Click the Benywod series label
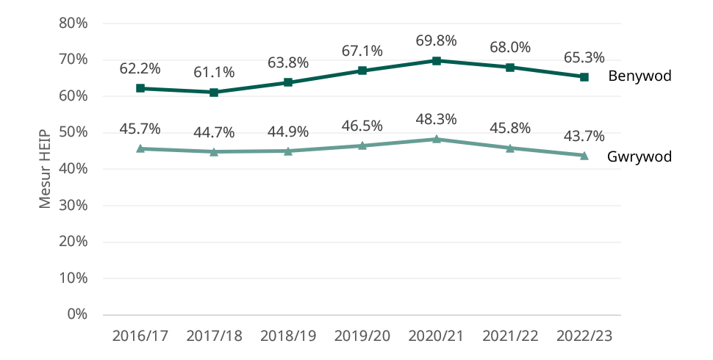coord(639,76)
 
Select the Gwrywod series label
coord(639,156)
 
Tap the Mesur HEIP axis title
coord(46,168)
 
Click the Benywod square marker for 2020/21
coord(436,61)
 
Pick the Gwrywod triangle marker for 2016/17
coord(140,148)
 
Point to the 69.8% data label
coord(436,40)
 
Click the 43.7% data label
coord(584,136)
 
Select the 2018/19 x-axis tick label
coord(288,336)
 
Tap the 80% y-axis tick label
coord(74,24)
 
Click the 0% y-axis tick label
coord(77,314)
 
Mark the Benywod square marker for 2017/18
coord(214,93)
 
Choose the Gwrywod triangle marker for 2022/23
coord(584,155)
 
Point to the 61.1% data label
coord(214,72)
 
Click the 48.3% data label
coord(436,119)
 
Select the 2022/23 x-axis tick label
coord(584,336)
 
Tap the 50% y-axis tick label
coord(74,132)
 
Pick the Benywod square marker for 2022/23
coord(584,77)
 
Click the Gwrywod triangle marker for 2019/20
coord(362,145)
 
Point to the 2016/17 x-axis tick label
coord(140,336)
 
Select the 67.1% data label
coord(362,51)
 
